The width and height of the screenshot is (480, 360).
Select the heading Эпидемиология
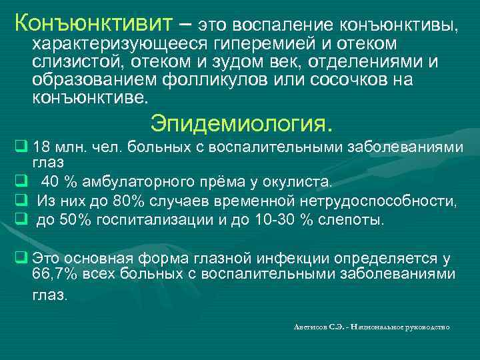coord(241,124)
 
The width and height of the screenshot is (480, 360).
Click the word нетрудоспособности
coord(376,202)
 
